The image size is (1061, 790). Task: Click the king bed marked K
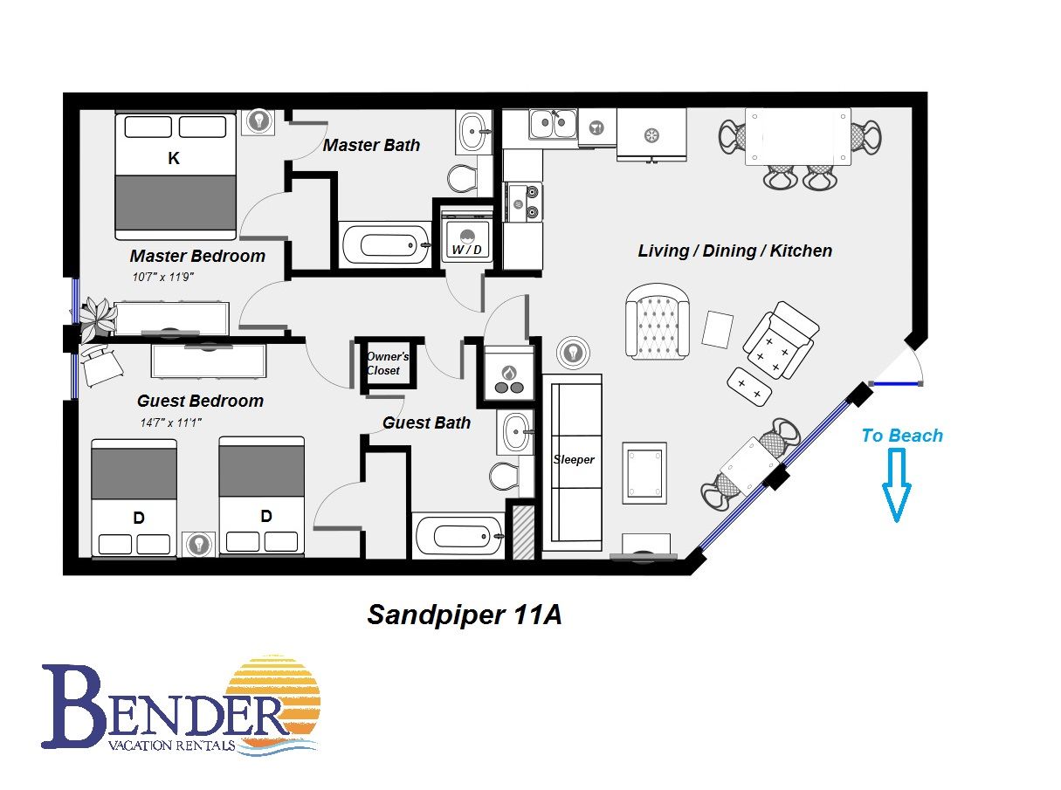[x=176, y=175]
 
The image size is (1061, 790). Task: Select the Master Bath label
[x=371, y=145]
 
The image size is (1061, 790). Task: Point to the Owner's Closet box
[x=383, y=363]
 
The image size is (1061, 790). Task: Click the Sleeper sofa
[x=573, y=461]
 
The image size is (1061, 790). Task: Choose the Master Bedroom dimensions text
[x=162, y=277]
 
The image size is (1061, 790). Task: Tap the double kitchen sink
[x=553, y=123]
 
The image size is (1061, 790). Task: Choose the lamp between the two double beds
[x=199, y=544]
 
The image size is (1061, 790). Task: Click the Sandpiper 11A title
[x=464, y=615]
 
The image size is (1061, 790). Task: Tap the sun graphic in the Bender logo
[x=274, y=698]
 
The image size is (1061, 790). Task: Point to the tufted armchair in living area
[x=658, y=320]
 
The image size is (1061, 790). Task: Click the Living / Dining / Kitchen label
[x=734, y=251]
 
